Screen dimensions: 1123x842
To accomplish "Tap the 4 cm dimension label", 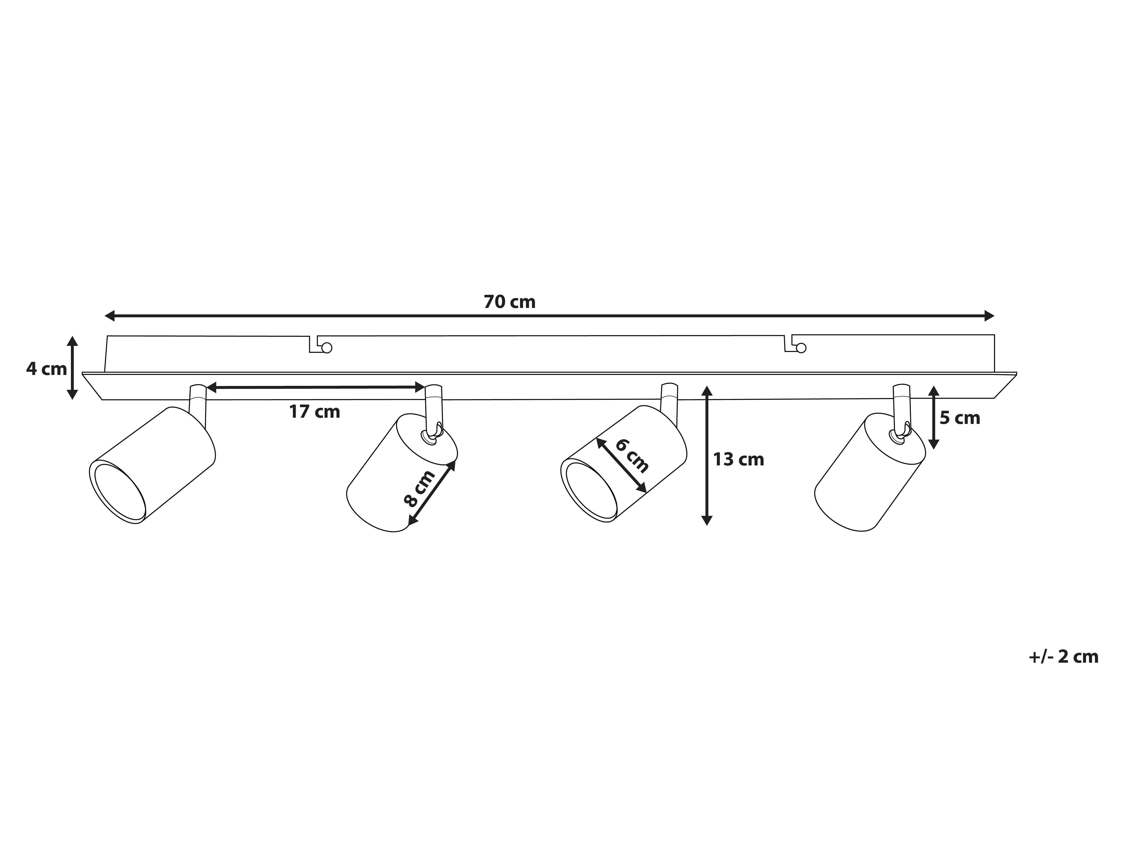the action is point(47,369).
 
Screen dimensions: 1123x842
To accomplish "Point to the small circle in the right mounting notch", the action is point(801,348).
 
